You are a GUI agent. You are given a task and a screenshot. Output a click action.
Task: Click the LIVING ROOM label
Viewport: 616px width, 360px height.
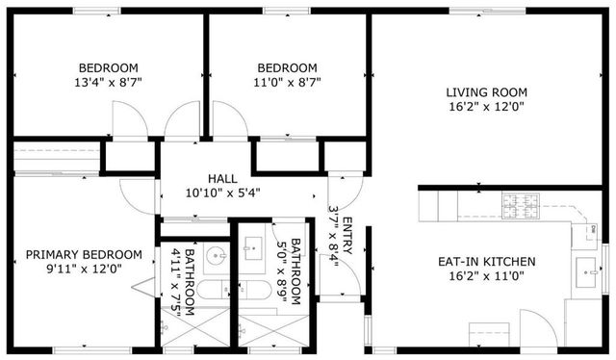point(486,92)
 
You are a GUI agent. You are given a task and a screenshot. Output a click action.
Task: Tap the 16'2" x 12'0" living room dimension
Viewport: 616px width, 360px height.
point(486,108)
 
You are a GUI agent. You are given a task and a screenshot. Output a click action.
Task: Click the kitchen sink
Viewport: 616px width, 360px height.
point(585,272)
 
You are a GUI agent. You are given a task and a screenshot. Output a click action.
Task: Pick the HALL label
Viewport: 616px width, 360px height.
point(222,178)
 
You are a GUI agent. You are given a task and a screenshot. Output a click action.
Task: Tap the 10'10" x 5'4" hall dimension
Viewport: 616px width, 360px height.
point(222,193)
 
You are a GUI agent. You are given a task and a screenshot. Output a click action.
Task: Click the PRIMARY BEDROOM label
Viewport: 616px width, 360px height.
point(84,255)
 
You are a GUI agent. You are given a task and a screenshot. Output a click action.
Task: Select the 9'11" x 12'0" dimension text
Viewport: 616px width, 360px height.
point(84,270)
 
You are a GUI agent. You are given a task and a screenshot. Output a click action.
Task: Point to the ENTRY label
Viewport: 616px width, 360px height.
point(346,236)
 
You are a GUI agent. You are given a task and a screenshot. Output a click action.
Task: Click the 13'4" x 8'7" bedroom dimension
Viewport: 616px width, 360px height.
point(108,84)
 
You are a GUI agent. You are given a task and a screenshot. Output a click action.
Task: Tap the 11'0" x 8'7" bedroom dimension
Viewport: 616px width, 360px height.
point(287,84)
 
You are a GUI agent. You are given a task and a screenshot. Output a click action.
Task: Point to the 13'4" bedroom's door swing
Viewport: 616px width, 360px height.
point(130,120)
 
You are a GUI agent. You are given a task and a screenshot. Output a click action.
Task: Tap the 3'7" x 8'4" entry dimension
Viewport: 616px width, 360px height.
point(333,236)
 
